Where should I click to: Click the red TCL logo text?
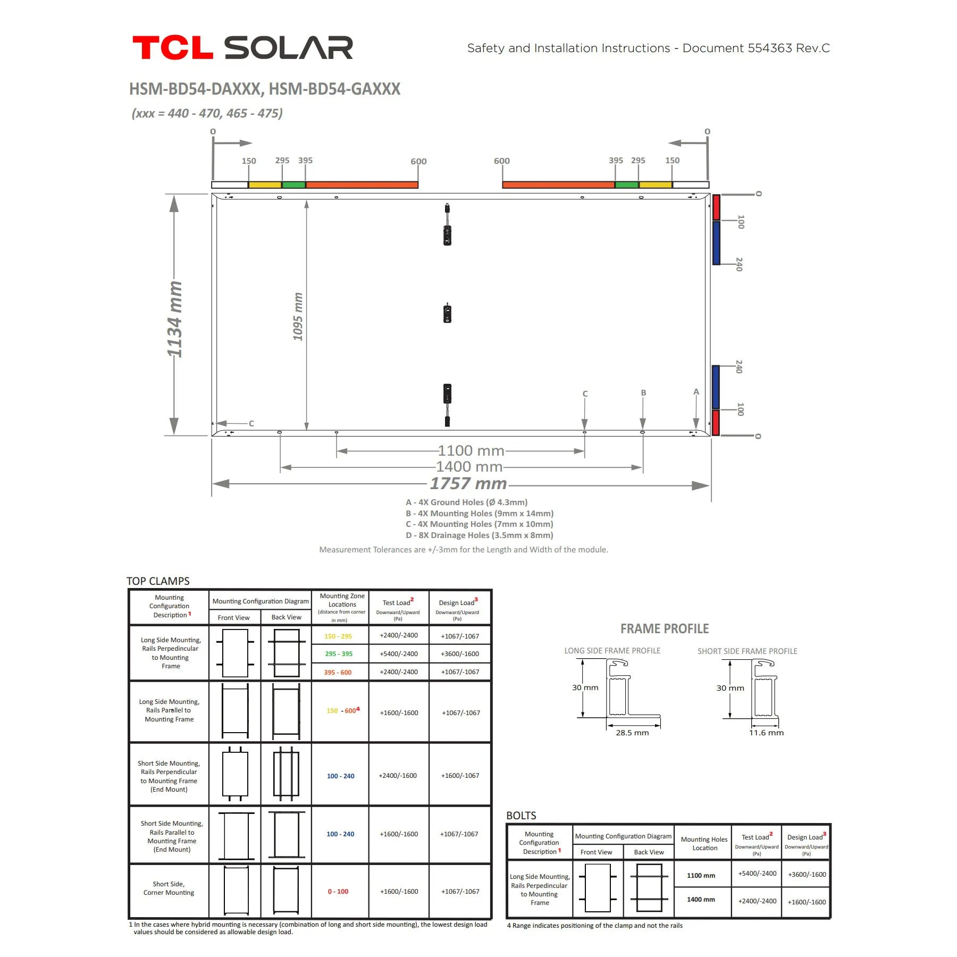pos(173,48)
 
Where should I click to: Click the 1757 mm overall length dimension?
pos(468,483)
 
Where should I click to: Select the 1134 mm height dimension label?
pos(174,319)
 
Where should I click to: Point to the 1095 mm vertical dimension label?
pos(298,316)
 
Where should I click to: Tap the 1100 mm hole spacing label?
pos(471,450)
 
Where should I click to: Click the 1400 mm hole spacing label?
pos(469,466)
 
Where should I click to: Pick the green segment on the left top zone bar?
pos(293,185)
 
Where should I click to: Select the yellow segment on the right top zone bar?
pos(656,185)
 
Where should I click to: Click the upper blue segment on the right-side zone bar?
pos(716,242)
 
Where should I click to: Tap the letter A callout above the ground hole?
pos(696,392)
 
